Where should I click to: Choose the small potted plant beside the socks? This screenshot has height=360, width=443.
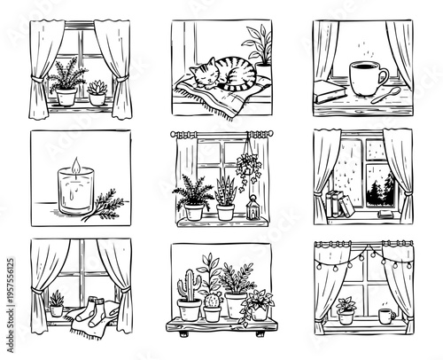click(x=57, y=304)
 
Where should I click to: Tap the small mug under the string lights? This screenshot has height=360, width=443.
click(x=386, y=316)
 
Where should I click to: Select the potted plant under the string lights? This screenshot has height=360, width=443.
click(x=346, y=309)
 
